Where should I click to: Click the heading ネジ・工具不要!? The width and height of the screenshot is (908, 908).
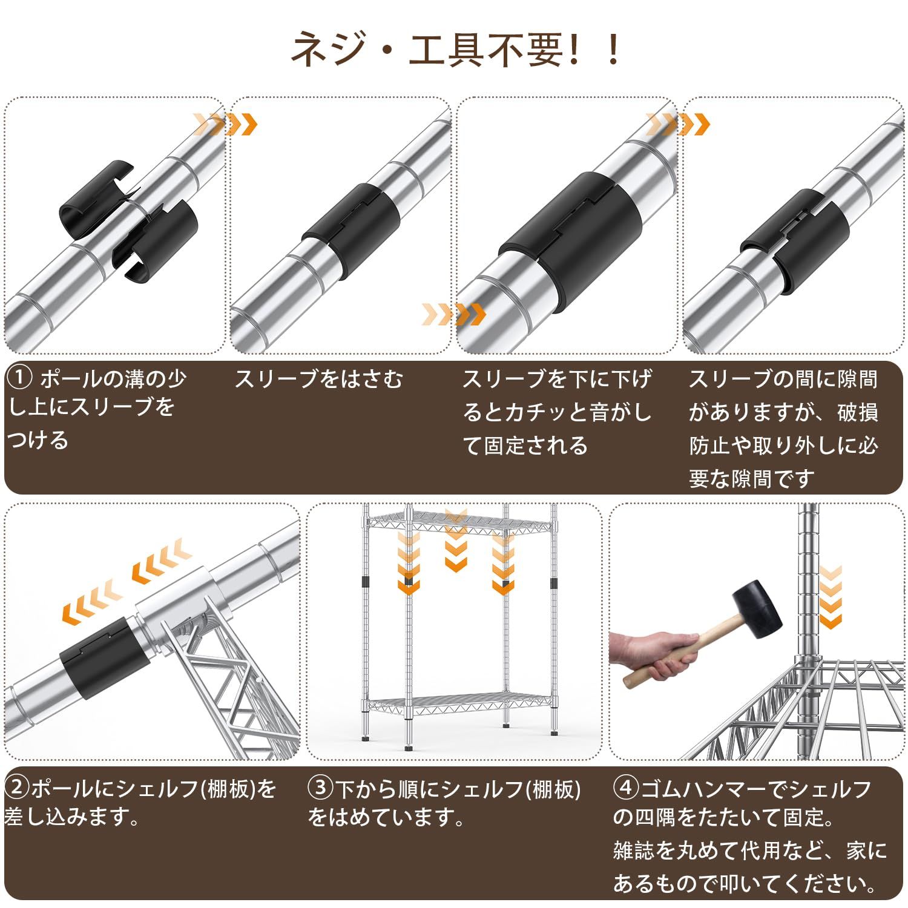[x=454, y=50]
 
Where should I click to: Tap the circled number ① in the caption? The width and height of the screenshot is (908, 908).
[x=19, y=380]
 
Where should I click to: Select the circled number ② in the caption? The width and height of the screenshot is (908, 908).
[x=16, y=788]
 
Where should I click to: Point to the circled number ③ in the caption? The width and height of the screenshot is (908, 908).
[x=320, y=788]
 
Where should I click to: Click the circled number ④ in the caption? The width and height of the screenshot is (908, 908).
[x=626, y=788]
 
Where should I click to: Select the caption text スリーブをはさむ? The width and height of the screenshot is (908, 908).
[x=318, y=380]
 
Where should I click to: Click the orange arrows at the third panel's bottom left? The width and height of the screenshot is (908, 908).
[x=454, y=314]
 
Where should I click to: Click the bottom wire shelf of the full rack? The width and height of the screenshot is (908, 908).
[x=460, y=702]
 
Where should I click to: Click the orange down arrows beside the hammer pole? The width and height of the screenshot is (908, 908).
[x=831, y=596]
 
